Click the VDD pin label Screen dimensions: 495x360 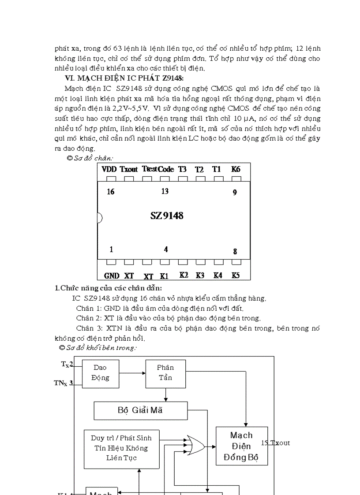coord(109,169)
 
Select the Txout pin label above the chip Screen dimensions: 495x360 coord(129,169)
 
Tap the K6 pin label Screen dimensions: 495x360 coord(236,169)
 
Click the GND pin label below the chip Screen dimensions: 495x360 coord(112,275)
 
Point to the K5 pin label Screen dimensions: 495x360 coord(236,275)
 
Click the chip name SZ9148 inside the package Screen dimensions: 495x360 coord(167,216)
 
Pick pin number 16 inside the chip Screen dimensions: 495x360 coord(111,192)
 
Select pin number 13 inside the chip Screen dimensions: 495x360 coord(165,191)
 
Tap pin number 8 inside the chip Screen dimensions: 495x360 coord(235,252)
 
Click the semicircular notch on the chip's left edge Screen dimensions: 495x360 coord(99,217)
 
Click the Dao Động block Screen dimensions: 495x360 coord(100,372)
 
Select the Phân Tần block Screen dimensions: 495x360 coord(165,372)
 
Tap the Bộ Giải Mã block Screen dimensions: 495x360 coord(140,410)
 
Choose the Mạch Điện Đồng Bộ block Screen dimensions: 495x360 coord(241,446)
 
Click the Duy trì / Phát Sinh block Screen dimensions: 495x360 coord(121,448)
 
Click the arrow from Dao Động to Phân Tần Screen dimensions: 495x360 coord(132,372)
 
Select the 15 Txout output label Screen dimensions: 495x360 coord(276,443)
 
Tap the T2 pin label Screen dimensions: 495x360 coord(199,169)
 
